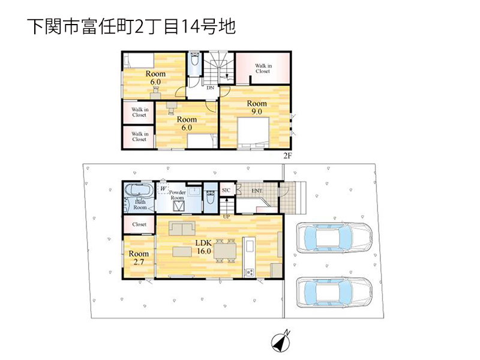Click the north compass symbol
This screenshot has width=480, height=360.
pos(281,341)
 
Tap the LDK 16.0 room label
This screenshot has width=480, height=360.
pos(203,247)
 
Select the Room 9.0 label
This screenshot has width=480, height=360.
pos(257,107)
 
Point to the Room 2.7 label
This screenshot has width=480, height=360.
pos(139,258)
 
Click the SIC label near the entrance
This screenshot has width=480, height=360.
pos(226,190)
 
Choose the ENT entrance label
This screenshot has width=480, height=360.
pos(257,191)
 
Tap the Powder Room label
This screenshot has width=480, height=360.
pos(177,195)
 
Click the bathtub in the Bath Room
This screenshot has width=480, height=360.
pos(139,190)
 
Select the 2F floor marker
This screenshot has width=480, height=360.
pos(287,156)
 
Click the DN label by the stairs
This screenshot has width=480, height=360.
pos(211,88)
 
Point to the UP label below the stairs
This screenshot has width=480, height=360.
pos(227,217)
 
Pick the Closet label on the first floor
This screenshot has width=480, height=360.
pos(139,224)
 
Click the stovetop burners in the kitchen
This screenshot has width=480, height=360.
pos(249,272)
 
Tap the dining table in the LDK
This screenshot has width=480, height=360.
pos(225,251)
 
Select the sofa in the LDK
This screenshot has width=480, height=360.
pos(182,229)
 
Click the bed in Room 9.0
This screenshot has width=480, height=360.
pos(253,132)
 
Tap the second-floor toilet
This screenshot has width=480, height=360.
pos(194,64)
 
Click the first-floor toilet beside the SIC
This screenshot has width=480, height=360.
pos(211,198)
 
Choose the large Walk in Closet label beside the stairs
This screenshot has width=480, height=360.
pos(263,68)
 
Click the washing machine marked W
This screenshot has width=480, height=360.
pos(163,188)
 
